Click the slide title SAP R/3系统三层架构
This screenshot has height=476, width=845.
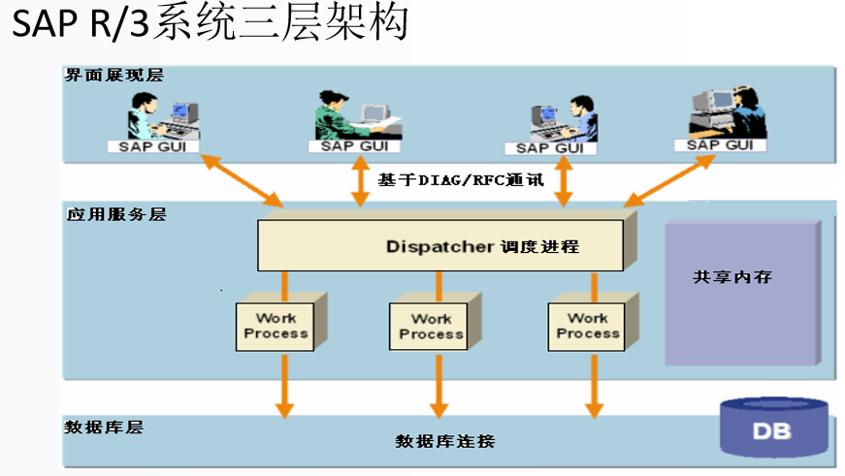click(x=209, y=23)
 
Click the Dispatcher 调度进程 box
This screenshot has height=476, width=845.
click(x=441, y=246)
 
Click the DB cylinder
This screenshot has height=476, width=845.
click(x=773, y=428)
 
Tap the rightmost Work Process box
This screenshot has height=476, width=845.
click(x=588, y=326)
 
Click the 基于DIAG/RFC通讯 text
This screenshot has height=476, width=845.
click(x=461, y=180)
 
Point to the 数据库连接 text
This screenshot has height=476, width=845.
click(x=445, y=441)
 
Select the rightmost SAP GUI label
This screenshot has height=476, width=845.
click(x=720, y=144)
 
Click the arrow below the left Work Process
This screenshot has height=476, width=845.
click(x=283, y=385)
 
